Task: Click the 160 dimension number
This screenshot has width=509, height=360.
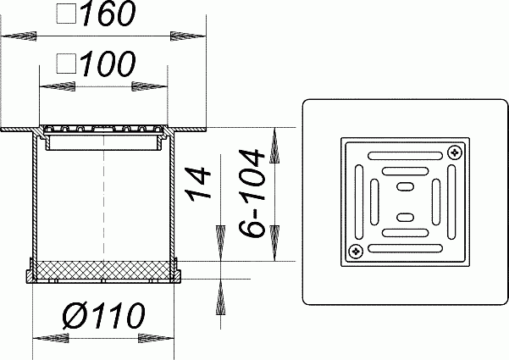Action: coord(109,13)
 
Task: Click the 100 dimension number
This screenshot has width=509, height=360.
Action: coord(108,64)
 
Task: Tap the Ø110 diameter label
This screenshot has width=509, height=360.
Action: coord(103,315)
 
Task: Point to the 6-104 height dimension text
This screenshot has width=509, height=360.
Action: coord(252,193)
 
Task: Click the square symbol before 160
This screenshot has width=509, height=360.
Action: coord(67,14)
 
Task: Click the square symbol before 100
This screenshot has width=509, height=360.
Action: coord(67,64)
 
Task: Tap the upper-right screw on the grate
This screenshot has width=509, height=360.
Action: coord(455,152)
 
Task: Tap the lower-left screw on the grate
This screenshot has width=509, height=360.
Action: coord(356,251)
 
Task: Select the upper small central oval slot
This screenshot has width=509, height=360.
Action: coord(406,186)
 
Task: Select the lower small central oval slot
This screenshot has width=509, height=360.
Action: coord(406,217)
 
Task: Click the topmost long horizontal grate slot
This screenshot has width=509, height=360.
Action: coord(405,156)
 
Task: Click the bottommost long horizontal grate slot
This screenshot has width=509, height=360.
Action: coord(405,248)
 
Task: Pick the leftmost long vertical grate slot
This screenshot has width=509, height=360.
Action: coord(359,202)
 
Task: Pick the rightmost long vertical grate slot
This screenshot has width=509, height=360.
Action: coord(451,202)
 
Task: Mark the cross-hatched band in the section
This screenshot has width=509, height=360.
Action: coord(103,270)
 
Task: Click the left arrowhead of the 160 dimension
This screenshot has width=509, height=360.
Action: coord(19,36)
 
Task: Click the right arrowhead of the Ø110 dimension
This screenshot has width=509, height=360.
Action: coord(157,338)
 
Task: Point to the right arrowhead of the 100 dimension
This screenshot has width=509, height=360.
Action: coord(150,86)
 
